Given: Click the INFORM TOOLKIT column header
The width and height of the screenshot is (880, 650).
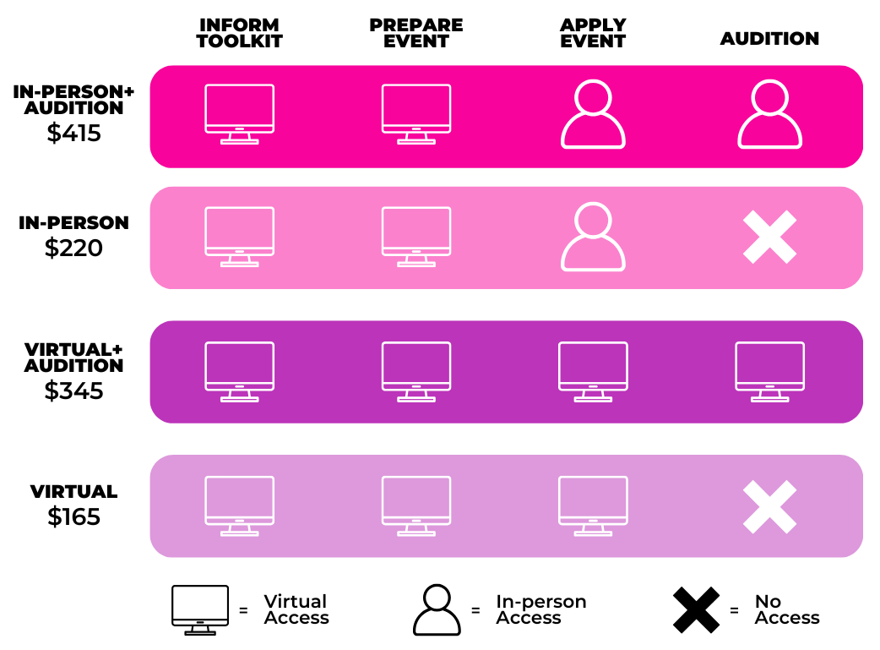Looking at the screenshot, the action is [239, 33].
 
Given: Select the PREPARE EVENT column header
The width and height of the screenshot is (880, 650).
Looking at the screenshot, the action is [416, 33].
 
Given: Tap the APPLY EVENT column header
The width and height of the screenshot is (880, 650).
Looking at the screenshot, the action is [593, 33].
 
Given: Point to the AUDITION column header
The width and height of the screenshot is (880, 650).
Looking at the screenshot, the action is [769, 38].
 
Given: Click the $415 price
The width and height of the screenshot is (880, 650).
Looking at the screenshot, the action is [74, 134].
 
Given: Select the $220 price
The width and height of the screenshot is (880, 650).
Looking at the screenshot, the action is [73, 248].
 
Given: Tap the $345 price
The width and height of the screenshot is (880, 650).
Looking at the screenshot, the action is [73, 391].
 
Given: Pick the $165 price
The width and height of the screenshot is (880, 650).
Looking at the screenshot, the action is [73, 516].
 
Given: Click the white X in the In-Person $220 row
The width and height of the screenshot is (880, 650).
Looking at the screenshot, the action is [769, 237].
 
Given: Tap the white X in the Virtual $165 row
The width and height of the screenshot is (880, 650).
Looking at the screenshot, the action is [769, 506].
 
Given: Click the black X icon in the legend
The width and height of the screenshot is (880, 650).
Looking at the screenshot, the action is [696, 609].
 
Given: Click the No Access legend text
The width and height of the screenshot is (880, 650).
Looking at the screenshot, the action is [787, 609].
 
